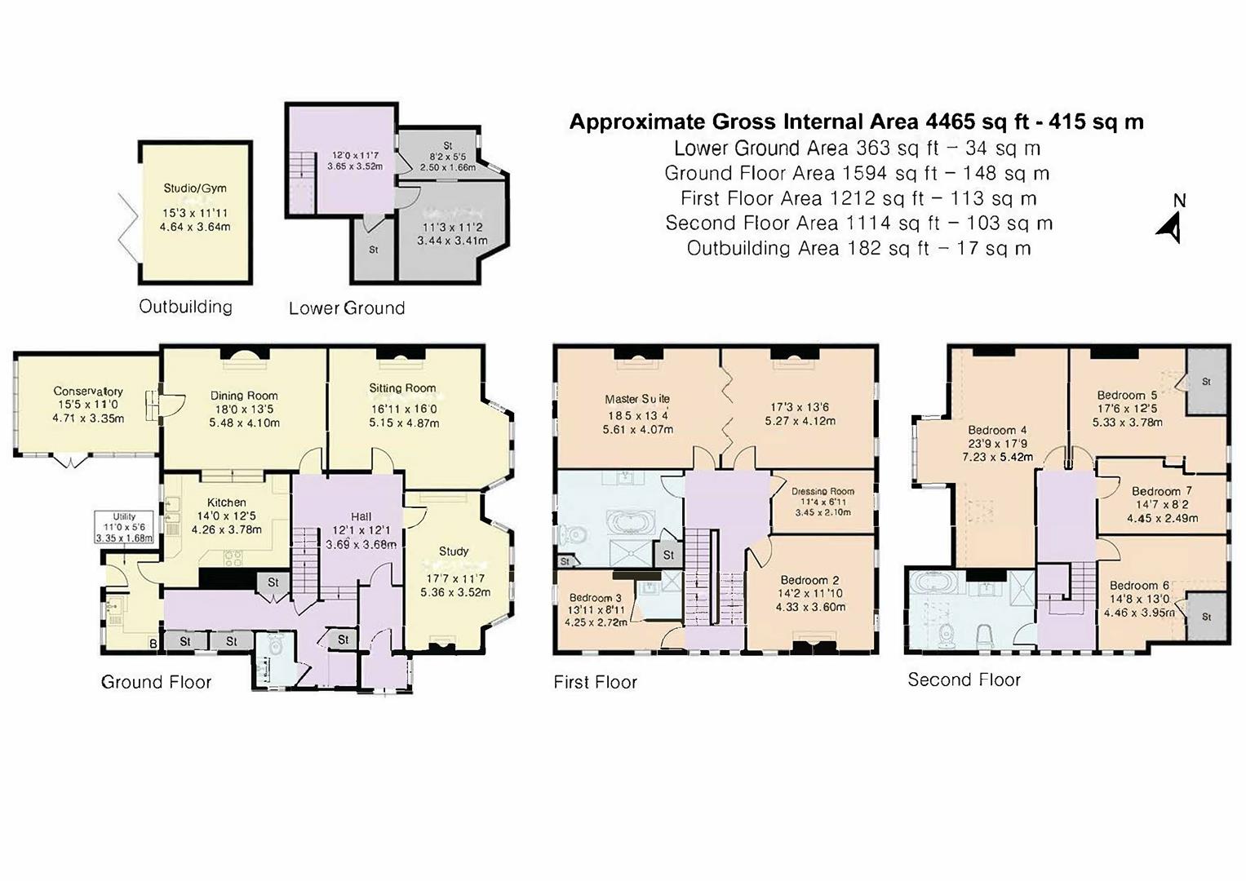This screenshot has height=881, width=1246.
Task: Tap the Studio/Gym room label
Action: tap(195, 188)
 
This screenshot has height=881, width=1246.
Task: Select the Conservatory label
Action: tap(88, 392)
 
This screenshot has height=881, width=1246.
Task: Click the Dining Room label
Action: tap(244, 396)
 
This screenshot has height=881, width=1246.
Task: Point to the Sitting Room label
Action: tap(402, 388)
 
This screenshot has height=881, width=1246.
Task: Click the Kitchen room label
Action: tap(226, 502)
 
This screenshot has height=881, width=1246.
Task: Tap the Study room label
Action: tap(454, 551)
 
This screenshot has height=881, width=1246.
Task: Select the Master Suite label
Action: tap(637, 399)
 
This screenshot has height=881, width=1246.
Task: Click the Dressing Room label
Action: tap(823, 492)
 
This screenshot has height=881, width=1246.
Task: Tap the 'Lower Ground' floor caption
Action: tap(347, 308)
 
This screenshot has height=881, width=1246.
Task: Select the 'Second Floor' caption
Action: tap(964, 680)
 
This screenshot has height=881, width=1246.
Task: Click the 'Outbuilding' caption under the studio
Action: tap(185, 308)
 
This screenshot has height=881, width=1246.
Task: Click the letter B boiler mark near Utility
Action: tap(153, 644)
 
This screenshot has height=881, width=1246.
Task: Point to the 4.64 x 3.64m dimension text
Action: tap(195, 227)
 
